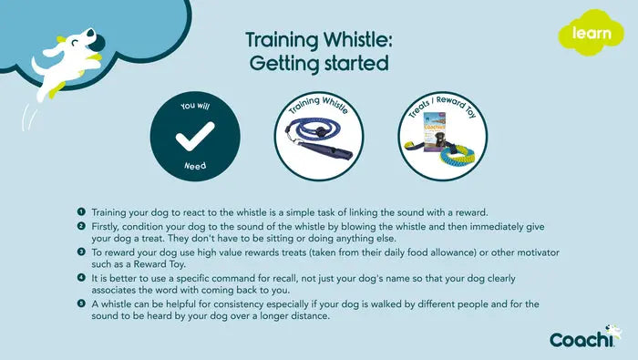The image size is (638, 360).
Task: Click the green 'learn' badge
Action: (x=584, y=34)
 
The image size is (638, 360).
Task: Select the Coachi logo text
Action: (x=580, y=339)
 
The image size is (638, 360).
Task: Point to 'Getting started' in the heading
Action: (x=317, y=63)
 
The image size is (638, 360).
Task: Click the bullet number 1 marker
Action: (x=81, y=211)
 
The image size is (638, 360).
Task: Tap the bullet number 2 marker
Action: (x=81, y=225)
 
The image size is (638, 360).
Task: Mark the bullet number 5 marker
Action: (x=81, y=303)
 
